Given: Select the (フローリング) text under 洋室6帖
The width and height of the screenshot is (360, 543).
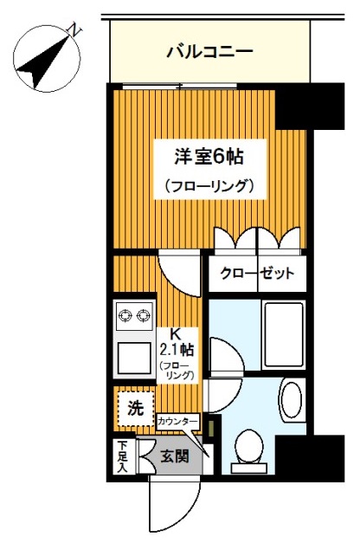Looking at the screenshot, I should pyautogui.click(x=208, y=185).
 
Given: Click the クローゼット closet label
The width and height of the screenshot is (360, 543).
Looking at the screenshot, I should pyautogui.click(x=256, y=275).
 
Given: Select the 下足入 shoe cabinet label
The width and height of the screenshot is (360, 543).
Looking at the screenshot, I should pyautogui.click(x=122, y=457).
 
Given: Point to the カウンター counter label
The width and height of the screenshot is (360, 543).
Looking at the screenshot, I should pyautogui.click(x=178, y=422).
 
